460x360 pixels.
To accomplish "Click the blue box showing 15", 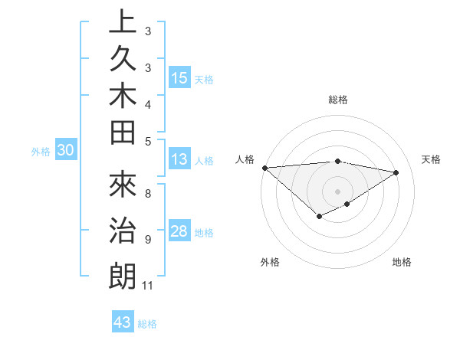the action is click(x=179, y=78).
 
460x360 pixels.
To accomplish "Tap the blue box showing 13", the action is click(x=179, y=160).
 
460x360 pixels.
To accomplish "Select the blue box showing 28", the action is click(x=179, y=232).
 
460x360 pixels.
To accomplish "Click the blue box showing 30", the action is click(x=66, y=151).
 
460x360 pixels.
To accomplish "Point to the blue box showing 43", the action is click(x=123, y=322).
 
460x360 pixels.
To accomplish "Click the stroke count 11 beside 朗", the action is click(x=147, y=286).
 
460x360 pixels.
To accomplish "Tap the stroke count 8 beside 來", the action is click(x=147, y=194).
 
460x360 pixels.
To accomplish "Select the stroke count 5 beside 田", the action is click(x=147, y=140).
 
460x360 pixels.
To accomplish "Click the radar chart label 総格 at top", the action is click(x=338, y=100).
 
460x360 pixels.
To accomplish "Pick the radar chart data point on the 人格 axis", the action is click(x=264, y=167).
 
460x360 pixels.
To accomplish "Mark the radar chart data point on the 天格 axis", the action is click(x=396, y=172).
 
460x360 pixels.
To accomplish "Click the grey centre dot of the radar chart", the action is click(x=338, y=191).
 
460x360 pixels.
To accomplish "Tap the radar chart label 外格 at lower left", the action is click(x=270, y=263).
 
